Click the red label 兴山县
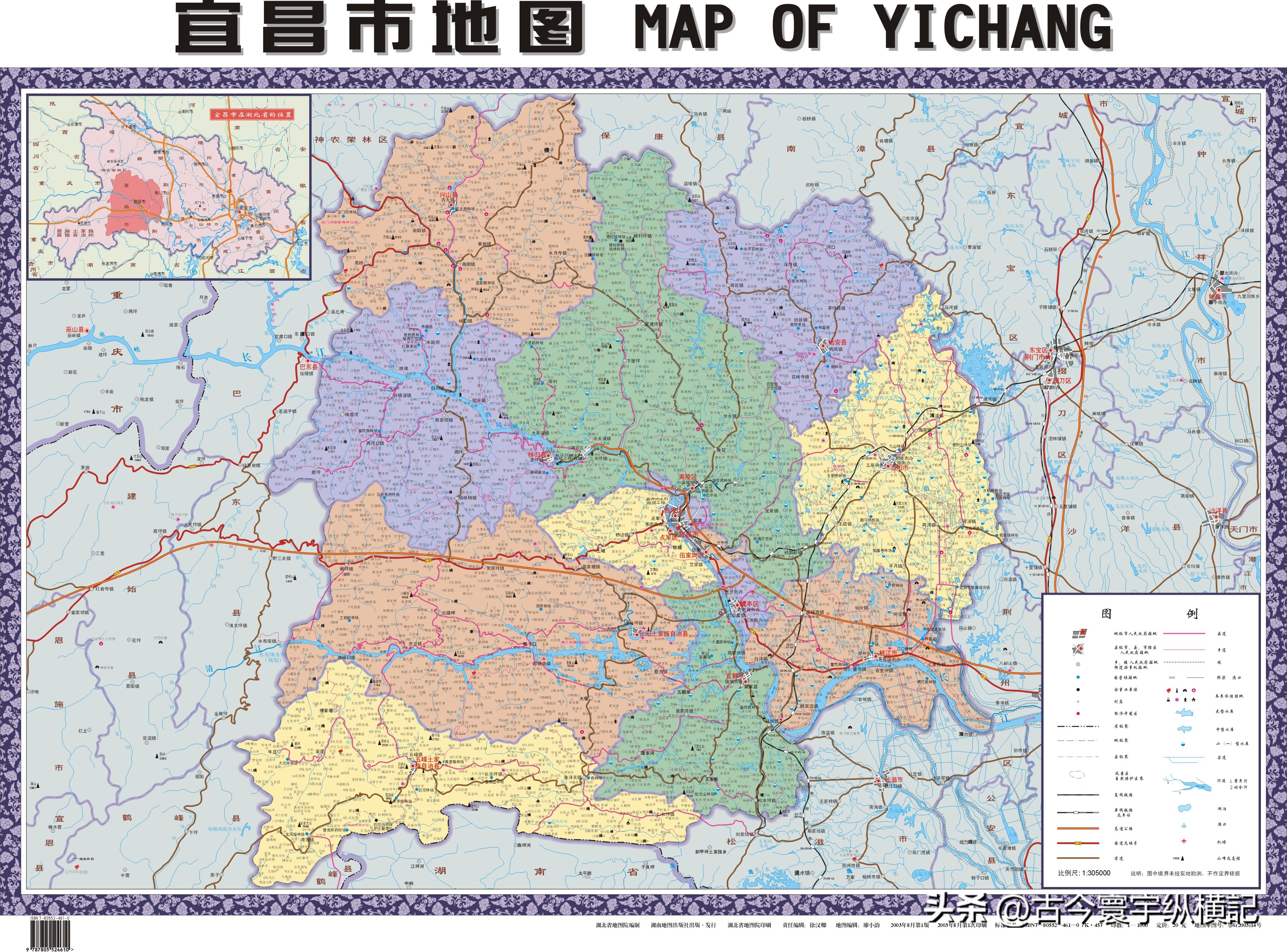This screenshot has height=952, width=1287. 449,196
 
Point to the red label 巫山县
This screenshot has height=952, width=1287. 74,330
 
